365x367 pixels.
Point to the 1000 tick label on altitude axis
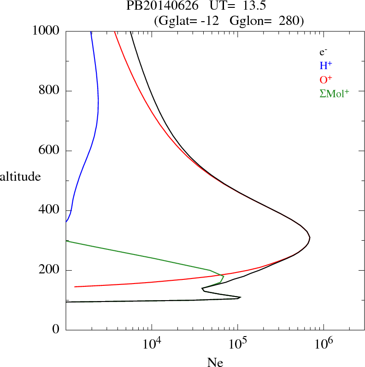47,31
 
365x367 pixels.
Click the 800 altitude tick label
49,91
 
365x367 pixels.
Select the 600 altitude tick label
49,151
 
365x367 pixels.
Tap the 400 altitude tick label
49,211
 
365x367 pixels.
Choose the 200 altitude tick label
49,270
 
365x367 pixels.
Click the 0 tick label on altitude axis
56,330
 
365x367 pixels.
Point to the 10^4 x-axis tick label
152,344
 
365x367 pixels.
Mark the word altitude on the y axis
20,177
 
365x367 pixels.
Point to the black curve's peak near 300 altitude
310,238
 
